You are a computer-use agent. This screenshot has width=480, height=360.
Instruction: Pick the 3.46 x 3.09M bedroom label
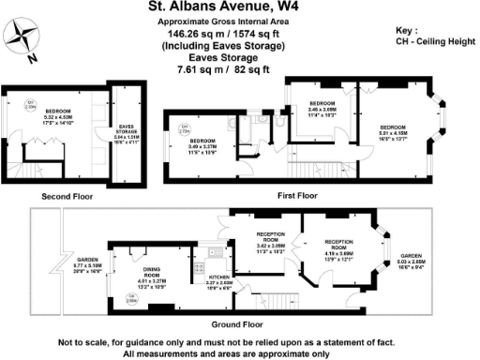coord(322,108)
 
